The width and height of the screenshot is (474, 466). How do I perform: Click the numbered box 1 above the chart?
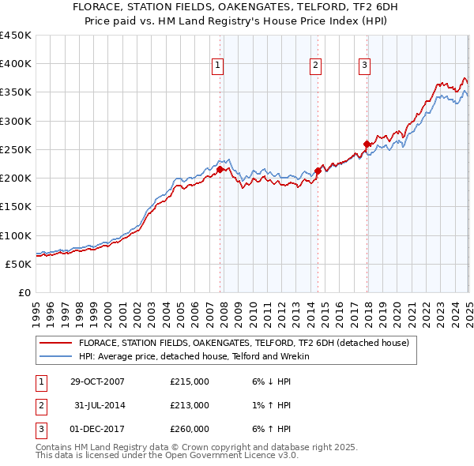point(217,66)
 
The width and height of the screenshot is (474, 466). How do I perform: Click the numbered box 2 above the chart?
point(315,66)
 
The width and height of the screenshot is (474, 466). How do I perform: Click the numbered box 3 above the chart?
point(365,66)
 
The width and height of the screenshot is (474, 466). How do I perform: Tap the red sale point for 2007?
point(220,169)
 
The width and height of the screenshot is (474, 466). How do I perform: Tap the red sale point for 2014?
point(318,170)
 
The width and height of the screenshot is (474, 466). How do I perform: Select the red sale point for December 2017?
point(367,144)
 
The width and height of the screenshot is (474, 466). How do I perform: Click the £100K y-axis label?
point(16,235)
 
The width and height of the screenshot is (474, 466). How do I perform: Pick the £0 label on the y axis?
point(24,292)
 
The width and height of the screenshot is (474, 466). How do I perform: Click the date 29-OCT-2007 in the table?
point(97,381)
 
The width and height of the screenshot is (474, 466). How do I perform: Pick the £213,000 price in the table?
point(190,405)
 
